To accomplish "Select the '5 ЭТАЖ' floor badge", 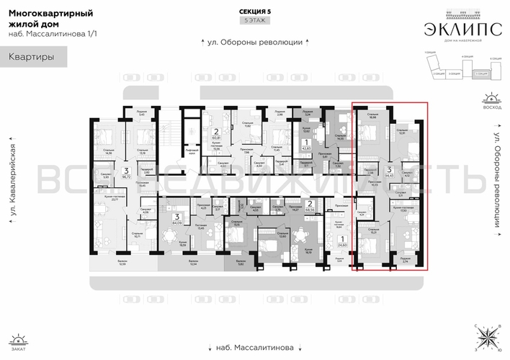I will (254, 22).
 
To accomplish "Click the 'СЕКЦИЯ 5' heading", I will (254, 12).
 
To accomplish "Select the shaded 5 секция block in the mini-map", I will (478, 73).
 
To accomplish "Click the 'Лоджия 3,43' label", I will (140, 114).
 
